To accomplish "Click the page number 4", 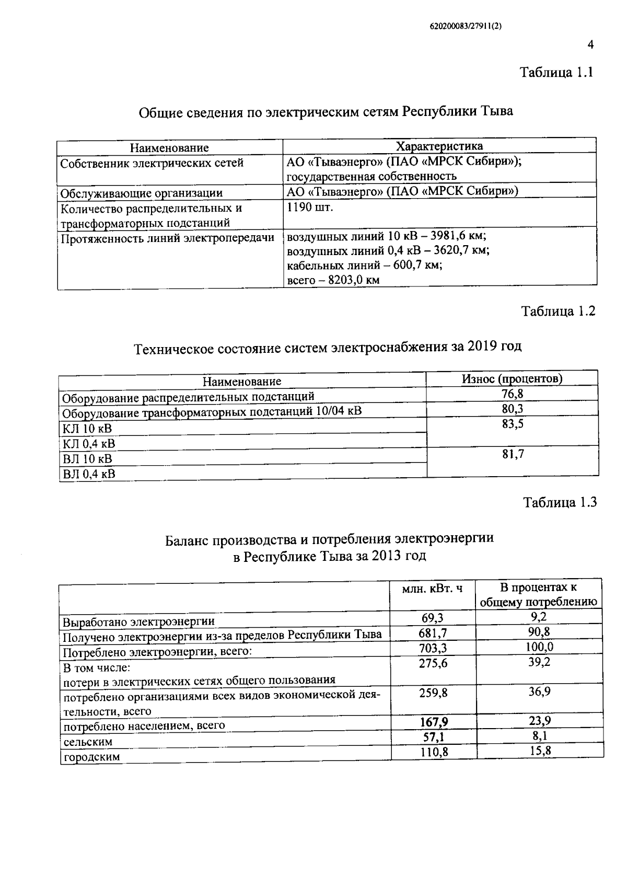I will (590, 45).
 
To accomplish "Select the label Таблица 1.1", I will (556, 73).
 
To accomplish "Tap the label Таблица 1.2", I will (559, 312).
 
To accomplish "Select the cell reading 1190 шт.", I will (310, 207).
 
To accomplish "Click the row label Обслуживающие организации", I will (142, 193).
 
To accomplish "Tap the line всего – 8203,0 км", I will (333, 280).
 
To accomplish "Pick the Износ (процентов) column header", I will (512, 378).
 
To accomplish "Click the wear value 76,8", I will (513, 394).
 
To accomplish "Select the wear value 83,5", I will (513, 424).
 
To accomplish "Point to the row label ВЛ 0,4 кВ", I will (89, 474).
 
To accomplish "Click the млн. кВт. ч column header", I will (432, 589).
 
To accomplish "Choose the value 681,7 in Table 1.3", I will (433, 633).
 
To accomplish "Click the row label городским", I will (91, 757).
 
